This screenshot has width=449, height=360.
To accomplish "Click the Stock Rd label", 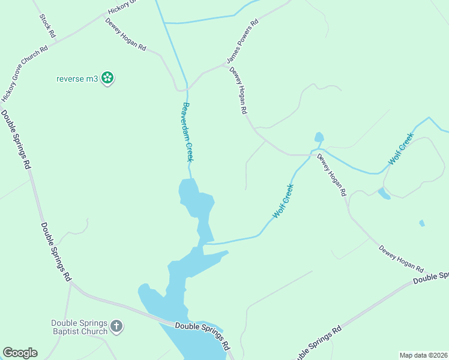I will tap(47, 26).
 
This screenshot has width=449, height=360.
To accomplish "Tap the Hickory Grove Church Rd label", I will tap(25, 74).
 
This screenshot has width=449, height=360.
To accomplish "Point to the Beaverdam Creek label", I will tap(188, 132).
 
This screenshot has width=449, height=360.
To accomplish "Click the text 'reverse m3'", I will tap(77, 78).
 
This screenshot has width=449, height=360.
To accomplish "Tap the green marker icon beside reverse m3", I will tap(107, 77).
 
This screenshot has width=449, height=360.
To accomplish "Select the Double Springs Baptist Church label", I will tap(79, 326).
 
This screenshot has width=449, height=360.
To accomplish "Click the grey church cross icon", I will tap(116, 327).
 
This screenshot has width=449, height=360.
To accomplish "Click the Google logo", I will tap(20, 353).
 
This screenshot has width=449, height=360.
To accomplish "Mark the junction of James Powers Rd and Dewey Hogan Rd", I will tap(226, 65).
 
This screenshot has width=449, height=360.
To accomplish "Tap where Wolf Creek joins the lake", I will tap(206, 243).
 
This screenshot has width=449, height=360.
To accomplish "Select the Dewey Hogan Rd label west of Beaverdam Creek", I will tap(126, 34).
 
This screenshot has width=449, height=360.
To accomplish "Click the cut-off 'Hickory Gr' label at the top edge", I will tap(123, 7).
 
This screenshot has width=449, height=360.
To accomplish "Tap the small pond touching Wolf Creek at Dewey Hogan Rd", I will tap(319, 137).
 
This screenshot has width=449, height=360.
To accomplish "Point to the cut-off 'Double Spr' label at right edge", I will tap(430, 277).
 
